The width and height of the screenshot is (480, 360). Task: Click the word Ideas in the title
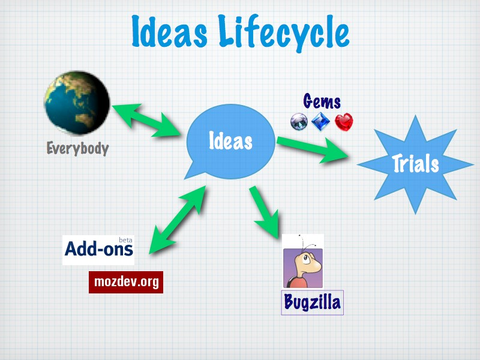coord(169,32)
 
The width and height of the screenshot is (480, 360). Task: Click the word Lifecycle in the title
coord(284,33)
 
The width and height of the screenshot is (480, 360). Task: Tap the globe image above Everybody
coord(77,103)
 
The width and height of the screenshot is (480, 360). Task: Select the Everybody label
coord(78,148)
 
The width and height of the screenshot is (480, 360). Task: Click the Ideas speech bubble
coord(230,142)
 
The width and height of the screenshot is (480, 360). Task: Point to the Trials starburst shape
coord(415,164)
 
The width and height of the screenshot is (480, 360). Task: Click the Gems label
coord(322,101)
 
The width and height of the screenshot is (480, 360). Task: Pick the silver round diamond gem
coord(299,122)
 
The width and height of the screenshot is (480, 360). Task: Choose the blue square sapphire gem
coord(320,122)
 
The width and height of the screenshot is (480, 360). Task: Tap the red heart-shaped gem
coord(344,122)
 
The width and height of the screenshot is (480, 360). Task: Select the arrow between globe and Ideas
coord(146,121)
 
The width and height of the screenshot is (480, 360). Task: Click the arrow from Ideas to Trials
coord(313,149)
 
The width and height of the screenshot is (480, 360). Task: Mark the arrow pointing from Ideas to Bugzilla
coord(264,212)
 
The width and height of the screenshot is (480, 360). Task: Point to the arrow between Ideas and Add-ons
coord(178,220)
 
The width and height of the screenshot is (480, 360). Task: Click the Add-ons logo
coord(98,250)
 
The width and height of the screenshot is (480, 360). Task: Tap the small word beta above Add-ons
coord(125,240)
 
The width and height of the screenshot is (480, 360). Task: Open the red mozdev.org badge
coord(126,282)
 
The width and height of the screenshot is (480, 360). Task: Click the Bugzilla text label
coord(312,302)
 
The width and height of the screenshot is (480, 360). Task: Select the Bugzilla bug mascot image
coord(303,261)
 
